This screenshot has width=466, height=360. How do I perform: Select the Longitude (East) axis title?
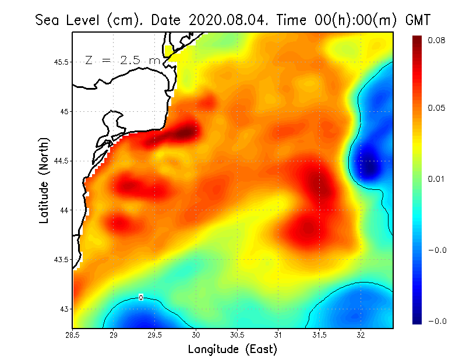[x=232, y=349]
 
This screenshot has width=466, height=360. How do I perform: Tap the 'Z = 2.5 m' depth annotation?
[x=122, y=60]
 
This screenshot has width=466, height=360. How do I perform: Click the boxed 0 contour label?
[x=141, y=298]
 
